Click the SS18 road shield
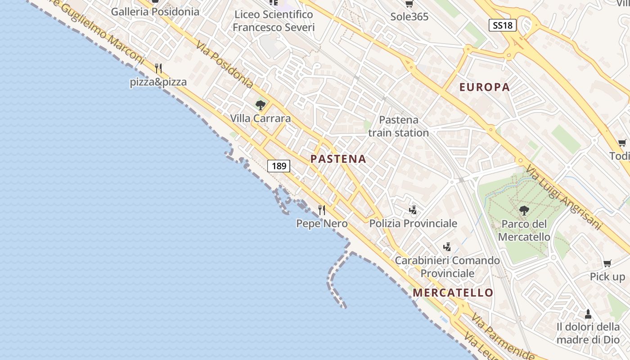502,25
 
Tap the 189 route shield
279,166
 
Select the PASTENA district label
338,159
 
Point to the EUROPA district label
485,87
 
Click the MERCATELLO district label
453,292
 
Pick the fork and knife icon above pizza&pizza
158,69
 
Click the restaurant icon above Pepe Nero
322,210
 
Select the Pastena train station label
398,126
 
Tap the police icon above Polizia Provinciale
413,210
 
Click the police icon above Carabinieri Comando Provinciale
447,247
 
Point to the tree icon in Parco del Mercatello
524,210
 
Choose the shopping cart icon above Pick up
607,263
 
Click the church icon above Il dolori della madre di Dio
588,313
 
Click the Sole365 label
409,17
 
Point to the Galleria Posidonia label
155,12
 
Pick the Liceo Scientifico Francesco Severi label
273,21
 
